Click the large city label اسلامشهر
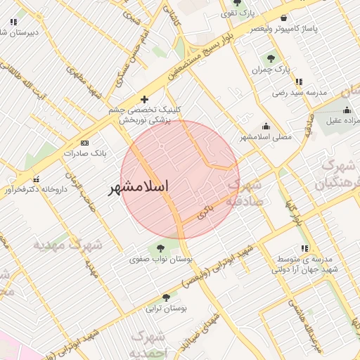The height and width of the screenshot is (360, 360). coord(140,188)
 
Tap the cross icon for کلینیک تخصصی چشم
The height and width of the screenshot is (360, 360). coord(145,100)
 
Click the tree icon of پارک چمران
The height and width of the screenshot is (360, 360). coord(271,58)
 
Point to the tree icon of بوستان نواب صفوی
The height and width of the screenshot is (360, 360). coord(160,247)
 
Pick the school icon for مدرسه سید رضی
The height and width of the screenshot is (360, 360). coord(300,82)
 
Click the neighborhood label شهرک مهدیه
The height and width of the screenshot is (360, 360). coord(67,245)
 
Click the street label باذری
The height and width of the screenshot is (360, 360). coord(205,210)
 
